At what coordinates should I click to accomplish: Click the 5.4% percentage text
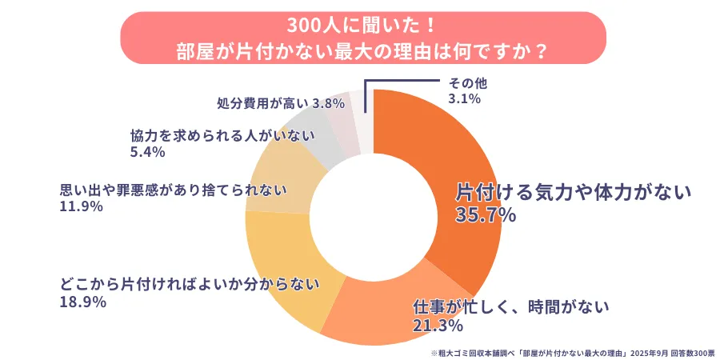[147, 151]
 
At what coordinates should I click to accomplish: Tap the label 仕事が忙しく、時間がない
[511, 306]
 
